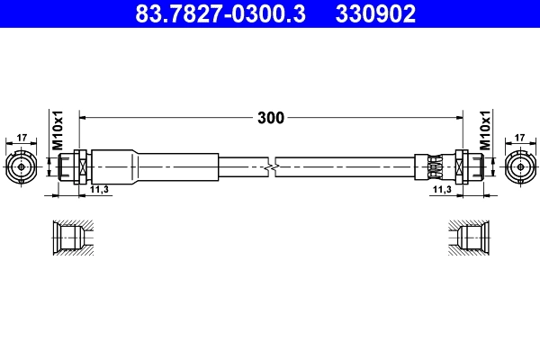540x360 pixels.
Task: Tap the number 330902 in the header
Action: point(376,13)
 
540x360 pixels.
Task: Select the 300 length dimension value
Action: point(270,118)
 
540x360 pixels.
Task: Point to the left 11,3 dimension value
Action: point(99,191)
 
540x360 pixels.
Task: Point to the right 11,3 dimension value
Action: point(441,191)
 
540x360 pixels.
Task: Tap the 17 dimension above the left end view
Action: point(22,138)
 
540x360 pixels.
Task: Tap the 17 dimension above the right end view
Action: point(519,138)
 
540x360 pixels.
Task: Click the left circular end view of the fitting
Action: point(22,166)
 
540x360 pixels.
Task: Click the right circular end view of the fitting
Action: point(519,166)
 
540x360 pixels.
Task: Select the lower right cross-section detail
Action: point(470,238)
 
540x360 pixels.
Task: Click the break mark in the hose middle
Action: point(273,166)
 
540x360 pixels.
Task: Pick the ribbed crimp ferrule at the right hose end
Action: point(435,166)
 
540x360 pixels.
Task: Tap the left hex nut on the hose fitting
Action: point(78,166)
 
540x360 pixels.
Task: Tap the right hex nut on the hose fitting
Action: point(463,166)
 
